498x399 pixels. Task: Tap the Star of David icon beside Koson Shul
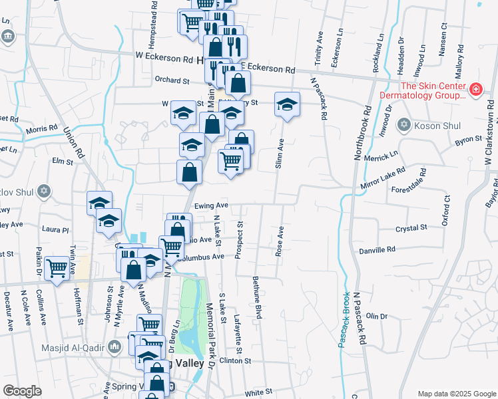[x=403, y=125]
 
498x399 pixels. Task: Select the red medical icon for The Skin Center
[x=476, y=88]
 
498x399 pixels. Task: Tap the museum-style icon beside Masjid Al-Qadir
[x=115, y=346]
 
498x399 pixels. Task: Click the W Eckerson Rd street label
[x=164, y=57]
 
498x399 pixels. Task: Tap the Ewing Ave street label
[x=212, y=205]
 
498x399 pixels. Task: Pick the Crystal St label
[x=411, y=228]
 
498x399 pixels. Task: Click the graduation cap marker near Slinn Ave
[x=287, y=105]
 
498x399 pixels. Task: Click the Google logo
[x=23, y=391]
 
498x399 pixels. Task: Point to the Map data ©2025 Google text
[x=455, y=394]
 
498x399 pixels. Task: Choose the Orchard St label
[x=172, y=81]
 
